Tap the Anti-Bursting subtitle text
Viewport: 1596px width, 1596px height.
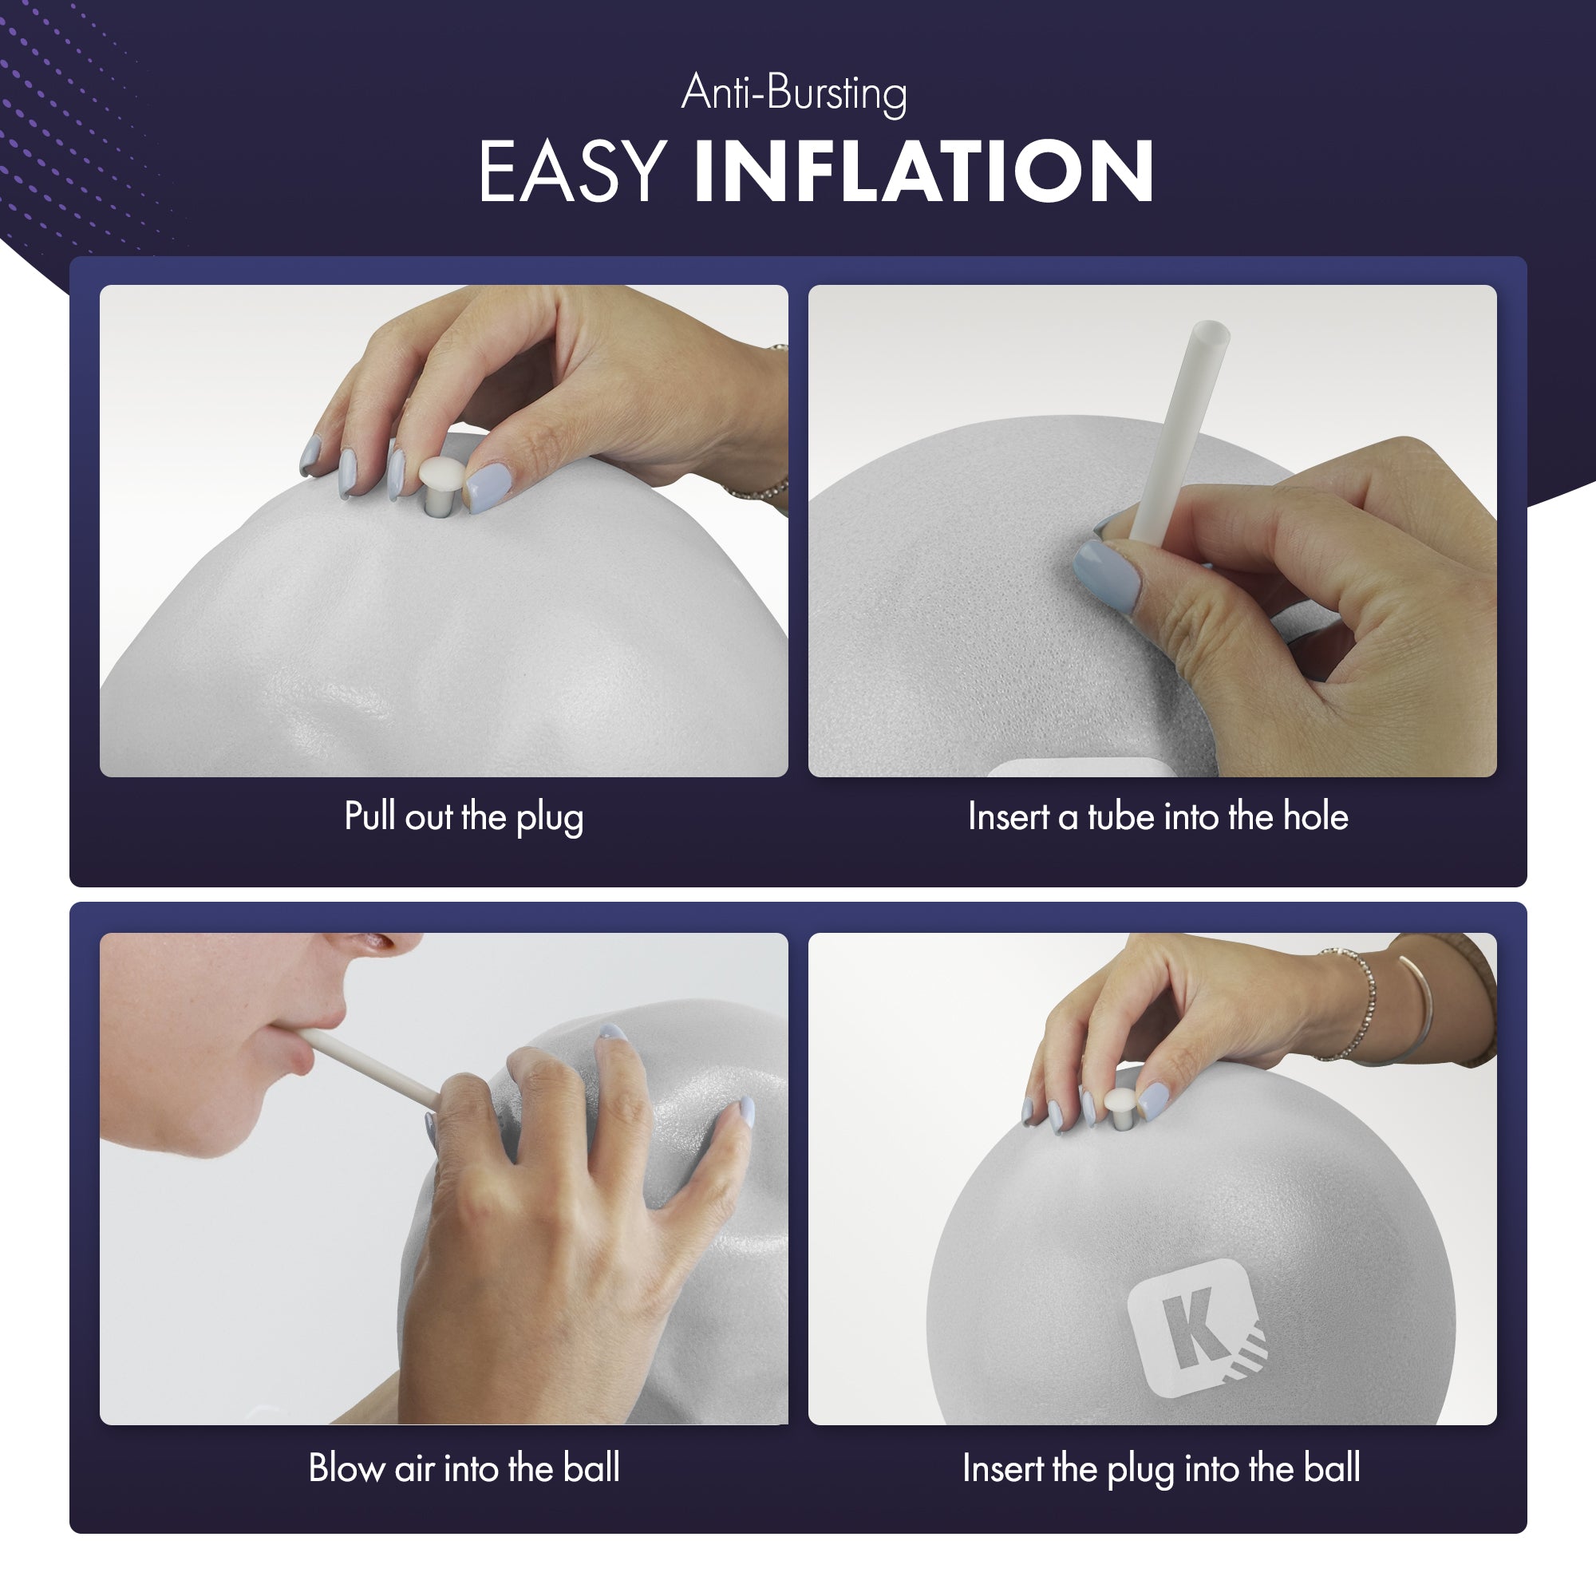(794, 93)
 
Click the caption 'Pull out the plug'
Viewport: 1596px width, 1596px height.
(464, 817)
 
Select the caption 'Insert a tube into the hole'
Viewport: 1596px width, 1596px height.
(1158, 816)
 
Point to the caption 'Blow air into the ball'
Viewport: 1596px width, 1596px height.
(464, 1468)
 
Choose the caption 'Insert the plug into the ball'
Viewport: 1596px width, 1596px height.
(1160, 1469)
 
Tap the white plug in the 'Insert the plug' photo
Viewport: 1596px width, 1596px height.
(1121, 1107)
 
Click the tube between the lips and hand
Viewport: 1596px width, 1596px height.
(369, 1066)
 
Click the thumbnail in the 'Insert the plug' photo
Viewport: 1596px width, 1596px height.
(1153, 1100)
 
